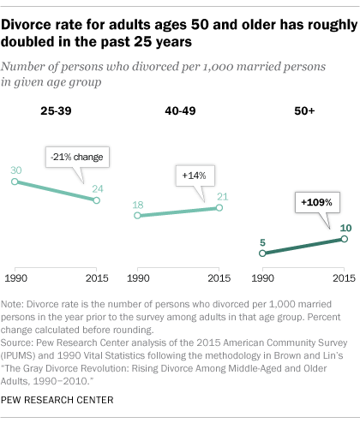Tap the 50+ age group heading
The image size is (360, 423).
point(303,110)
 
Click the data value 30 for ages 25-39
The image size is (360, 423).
point(15,170)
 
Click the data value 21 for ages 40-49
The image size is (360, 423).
point(219,196)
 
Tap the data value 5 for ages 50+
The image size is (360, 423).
point(264,242)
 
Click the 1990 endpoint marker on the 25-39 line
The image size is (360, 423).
point(15,182)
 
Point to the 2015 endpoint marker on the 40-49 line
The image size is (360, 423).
point(219,209)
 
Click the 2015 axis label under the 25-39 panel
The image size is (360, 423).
point(95,278)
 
